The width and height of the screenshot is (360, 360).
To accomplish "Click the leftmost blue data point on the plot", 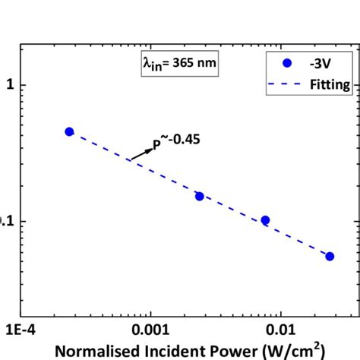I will pyautogui.click(x=69, y=131).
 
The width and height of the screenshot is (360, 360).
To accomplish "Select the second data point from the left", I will pyautogui.click(x=200, y=196).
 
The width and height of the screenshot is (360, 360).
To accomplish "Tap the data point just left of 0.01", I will pyautogui.click(x=265, y=220).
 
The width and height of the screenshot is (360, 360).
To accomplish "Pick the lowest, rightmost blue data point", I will pyautogui.click(x=330, y=256).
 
